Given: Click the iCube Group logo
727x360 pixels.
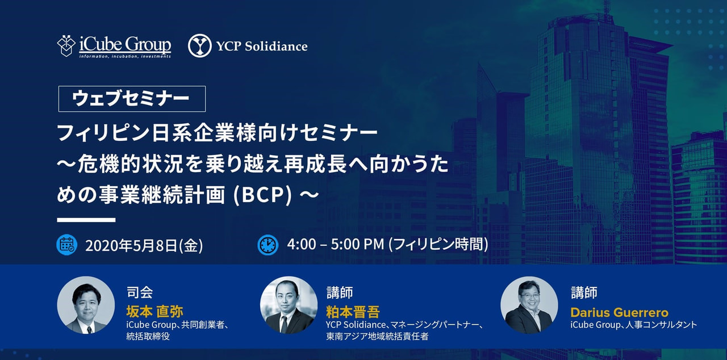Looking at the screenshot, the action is pos(114,46).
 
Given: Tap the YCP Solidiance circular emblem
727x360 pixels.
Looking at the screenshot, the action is pos(199,46).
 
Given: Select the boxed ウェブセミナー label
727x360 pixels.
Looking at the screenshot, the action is pos(132,99).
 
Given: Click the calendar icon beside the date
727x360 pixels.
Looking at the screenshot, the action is pos(66,245).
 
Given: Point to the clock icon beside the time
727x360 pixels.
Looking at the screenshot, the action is pos(268,245).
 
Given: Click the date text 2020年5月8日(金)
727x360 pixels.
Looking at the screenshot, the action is pos(144,245).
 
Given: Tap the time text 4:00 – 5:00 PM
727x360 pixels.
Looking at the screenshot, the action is pos(335,244).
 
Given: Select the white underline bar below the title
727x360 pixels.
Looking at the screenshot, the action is pos(86,220).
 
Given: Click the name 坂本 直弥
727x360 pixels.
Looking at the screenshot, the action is pos(155,312).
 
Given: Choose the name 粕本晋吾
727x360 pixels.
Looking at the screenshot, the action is pos(353,312).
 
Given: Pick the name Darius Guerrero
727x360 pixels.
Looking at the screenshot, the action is pos(619,312).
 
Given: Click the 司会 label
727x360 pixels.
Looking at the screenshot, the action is pos(140,292).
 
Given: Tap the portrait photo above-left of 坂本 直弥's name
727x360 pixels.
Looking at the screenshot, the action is pos(86,305).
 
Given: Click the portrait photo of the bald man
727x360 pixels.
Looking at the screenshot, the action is pos(289,305).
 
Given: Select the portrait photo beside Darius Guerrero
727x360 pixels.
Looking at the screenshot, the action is pos(529,305).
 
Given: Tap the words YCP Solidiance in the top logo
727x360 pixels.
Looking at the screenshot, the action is pos(262,47).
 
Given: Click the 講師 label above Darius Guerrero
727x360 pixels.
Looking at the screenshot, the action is pos(584,292).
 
